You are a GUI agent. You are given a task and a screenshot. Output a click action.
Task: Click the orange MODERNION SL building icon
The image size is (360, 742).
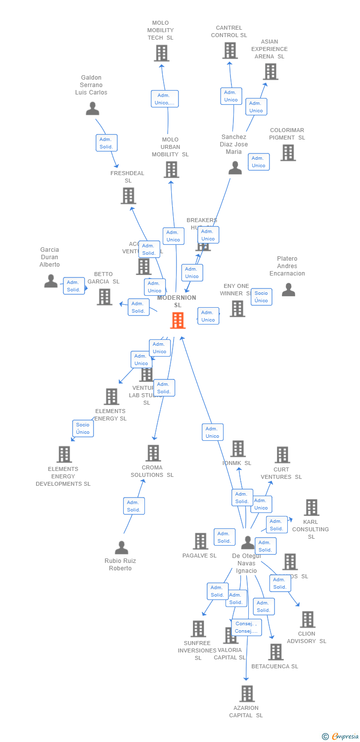[178, 321]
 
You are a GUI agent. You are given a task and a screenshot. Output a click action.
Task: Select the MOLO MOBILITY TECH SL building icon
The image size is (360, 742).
[162, 53]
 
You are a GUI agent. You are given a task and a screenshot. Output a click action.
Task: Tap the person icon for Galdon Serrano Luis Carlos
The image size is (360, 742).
[92, 108]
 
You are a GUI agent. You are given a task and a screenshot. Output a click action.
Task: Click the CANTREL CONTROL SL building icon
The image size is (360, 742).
[230, 50]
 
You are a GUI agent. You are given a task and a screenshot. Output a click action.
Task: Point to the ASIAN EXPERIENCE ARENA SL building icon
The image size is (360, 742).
[270, 71]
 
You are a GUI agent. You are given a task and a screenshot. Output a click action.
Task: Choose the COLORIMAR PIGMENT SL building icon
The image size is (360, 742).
[288, 152]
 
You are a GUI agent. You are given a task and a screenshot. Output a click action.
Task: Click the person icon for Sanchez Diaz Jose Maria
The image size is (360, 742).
[235, 168]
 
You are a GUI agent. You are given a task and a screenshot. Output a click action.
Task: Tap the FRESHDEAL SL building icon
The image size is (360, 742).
[129, 196]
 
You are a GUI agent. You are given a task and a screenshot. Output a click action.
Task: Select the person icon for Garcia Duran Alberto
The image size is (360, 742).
[51, 281]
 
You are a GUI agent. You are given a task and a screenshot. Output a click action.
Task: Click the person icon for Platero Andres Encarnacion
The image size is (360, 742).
[288, 290]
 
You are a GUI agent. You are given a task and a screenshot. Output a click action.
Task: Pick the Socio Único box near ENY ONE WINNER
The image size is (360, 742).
[261, 297]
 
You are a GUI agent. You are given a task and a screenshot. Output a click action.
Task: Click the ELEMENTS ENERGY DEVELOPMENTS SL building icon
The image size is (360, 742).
[64, 454]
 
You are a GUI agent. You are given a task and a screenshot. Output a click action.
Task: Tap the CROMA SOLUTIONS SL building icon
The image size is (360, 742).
[153, 453]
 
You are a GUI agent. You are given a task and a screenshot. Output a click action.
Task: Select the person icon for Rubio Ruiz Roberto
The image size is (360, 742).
[121, 548]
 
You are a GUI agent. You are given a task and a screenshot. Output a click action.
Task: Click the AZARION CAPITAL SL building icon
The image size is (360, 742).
[247, 694]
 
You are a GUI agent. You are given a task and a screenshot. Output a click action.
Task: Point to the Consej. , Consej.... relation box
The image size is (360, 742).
[246, 627]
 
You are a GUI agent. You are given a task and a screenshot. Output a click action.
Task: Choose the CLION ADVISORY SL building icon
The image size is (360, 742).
[308, 619]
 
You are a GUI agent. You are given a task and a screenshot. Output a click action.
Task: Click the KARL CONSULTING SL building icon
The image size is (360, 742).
[312, 507]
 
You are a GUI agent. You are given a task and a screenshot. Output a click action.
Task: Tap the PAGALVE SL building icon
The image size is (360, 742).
[200, 541]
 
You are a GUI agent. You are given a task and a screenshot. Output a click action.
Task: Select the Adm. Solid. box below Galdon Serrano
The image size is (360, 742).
[106, 143]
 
